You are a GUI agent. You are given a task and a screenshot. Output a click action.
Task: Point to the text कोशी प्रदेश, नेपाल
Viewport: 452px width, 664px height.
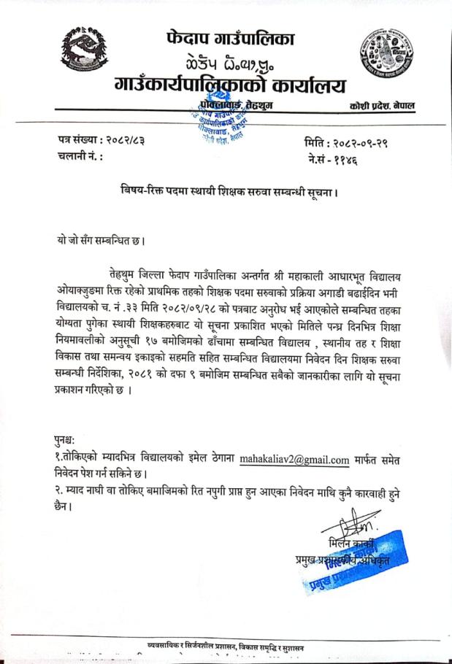382,107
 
